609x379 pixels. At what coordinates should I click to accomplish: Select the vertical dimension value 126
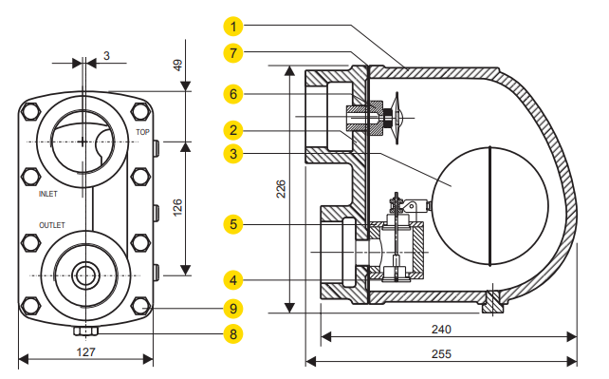pos(177,209)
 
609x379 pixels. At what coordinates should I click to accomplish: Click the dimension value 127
pos(84,351)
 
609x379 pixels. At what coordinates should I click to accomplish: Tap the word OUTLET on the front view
pos(51,225)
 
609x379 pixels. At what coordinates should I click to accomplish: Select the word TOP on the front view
pos(142,132)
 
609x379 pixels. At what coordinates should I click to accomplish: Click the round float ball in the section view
pos(488,205)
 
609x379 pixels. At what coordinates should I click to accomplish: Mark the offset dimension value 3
pos(106,56)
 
